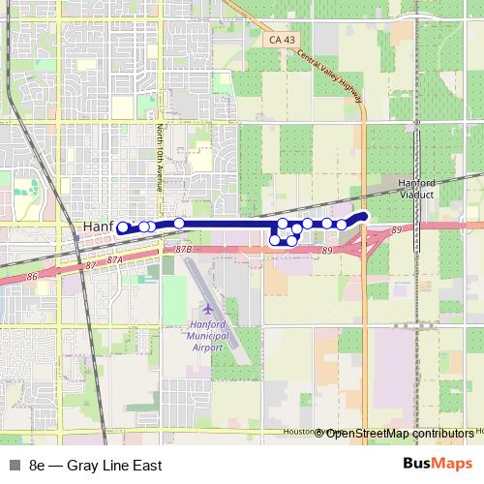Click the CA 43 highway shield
coord(278,38)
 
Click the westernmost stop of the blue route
coord(122,228)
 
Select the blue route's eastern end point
coord(364,216)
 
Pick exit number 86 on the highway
coord(32,277)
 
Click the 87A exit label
coord(116,260)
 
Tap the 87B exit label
coord(186,249)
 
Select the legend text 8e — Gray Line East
coord(95,466)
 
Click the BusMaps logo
coord(438,465)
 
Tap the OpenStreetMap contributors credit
coord(400,433)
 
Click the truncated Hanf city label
coord(99,227)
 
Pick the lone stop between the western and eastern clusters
coord(179,224)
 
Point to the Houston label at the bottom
coord(302,432)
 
